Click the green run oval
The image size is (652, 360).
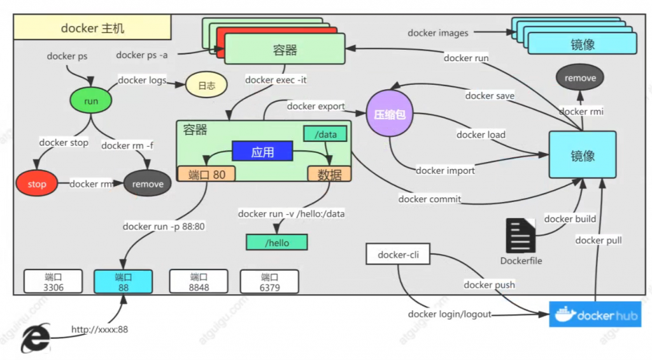[91, 101]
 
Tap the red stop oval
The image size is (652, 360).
[37, 184]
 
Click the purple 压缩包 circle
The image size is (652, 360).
[390, 115]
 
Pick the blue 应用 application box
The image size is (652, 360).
[262, 152]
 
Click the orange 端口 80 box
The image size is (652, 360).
[206, 174]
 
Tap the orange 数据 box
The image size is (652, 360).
[329, 174]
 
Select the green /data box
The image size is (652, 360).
[325, 133]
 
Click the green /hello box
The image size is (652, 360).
[276, 242]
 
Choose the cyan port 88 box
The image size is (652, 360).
[123, 282]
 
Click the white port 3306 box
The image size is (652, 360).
[53, 282]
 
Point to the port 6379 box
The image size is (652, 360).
[269, 282]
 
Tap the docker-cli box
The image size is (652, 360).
[397, 255]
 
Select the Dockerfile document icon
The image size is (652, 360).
[521, 236]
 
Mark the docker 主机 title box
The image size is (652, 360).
[93, 29]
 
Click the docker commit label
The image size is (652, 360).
[429, 199]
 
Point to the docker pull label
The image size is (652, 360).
[598, 240]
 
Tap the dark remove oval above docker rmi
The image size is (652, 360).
[580, 78]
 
